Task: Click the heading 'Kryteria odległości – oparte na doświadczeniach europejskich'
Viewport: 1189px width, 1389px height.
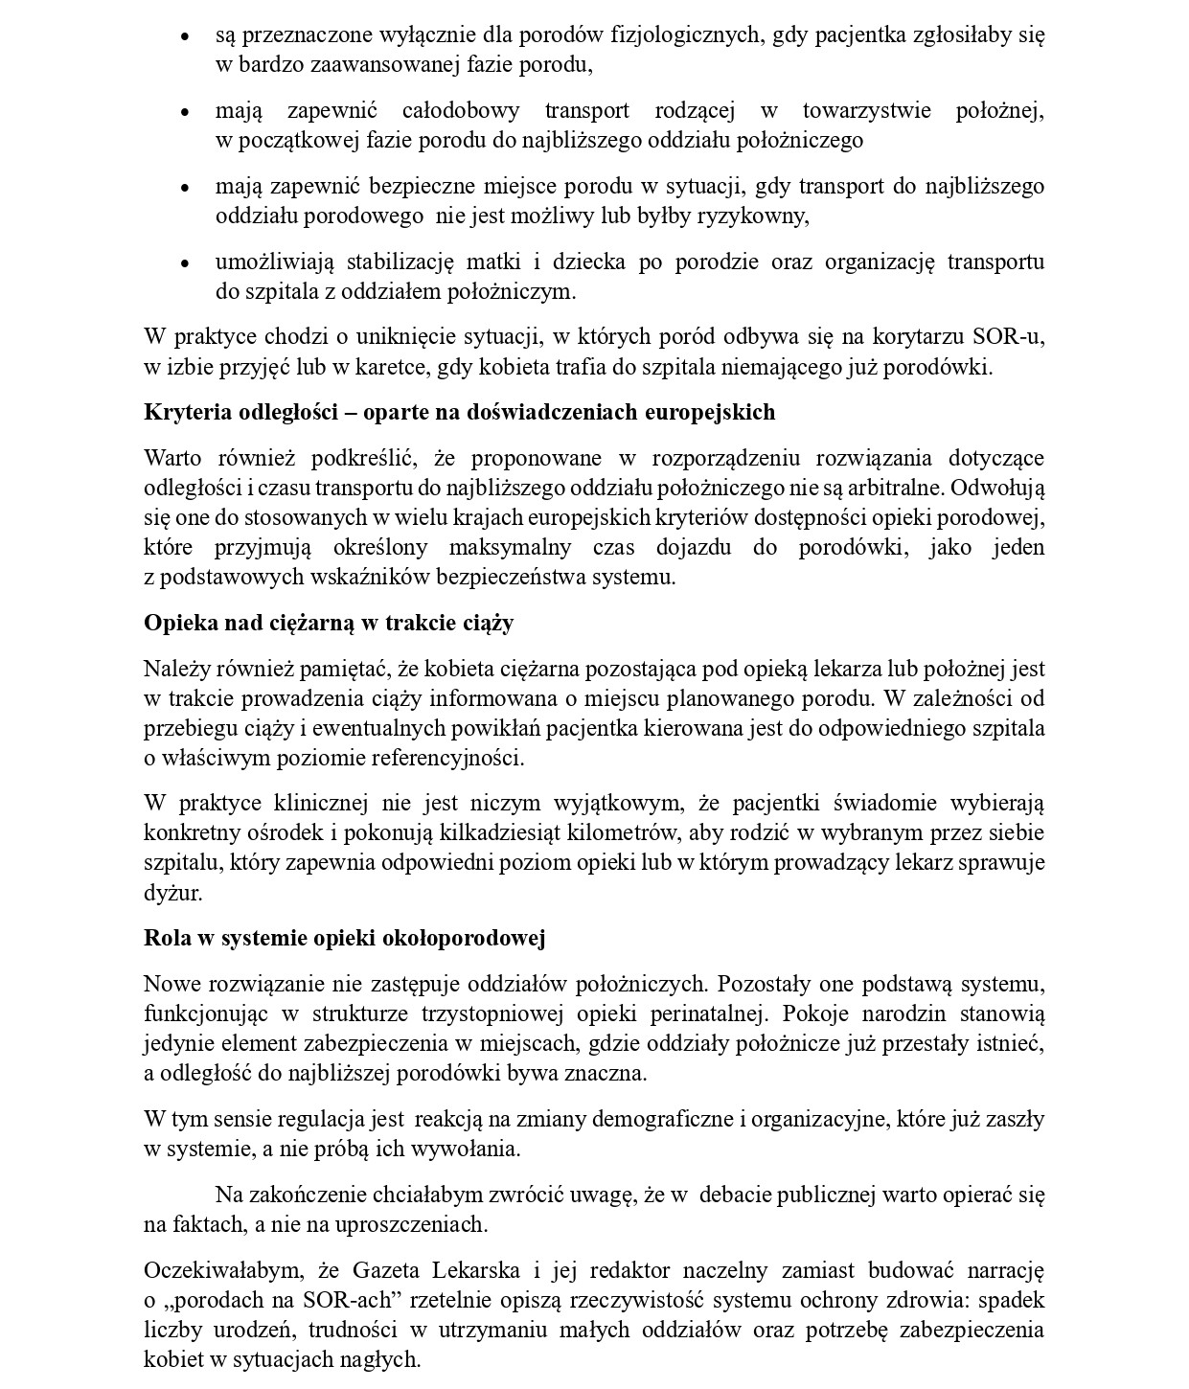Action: click(459, 412)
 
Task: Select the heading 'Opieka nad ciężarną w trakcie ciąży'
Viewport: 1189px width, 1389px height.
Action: click(329, 623)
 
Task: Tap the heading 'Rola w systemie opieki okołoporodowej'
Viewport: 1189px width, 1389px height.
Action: click(344, 938)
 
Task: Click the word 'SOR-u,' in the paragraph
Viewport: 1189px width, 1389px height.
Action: click(1008, 337)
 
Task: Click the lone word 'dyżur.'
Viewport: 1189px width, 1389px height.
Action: click(172, 893)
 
